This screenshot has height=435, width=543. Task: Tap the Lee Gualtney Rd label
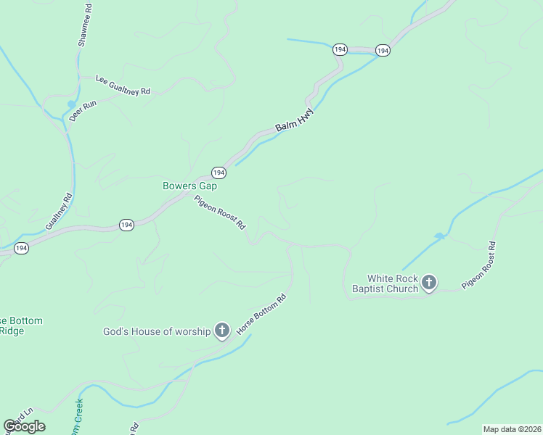(x=123, y=86)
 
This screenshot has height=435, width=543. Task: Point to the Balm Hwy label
(x=295, y=121)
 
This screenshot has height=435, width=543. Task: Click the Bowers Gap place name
(x=189, y=186)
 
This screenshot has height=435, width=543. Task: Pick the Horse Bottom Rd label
(x=261, y=313)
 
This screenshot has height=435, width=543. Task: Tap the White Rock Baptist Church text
(x=393, y=283)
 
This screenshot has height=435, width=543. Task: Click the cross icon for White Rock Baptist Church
(x=429, y=283)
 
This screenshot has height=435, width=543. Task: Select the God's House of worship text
(x=157, y=331)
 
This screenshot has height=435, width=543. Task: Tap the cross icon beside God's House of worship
(x=222, y=331)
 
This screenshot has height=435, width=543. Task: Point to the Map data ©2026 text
(x=511, y=429)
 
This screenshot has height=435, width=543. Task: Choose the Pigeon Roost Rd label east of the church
(x=479, y=265)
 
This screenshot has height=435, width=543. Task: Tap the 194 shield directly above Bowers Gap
(x=219, y=173)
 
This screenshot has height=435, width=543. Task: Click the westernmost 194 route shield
(x=21, y=248)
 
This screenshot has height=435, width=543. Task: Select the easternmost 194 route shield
(x=383, y=50)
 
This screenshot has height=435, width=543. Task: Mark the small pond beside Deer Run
(x=71, y=104)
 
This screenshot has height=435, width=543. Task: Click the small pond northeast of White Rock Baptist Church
(x=438, y=236)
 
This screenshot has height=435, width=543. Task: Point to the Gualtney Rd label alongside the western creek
(x=59, y=211)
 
